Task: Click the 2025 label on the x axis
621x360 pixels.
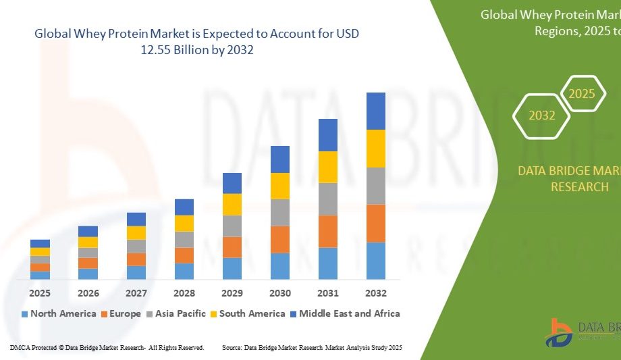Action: click(40, 293)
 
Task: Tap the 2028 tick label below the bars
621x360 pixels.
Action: click(184, 293)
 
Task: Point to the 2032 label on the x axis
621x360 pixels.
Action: click(376, 293)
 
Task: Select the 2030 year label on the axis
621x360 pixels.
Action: click(280, 293)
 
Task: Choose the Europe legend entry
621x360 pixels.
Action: click(121, 313)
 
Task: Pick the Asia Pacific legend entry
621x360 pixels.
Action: click(177, 313)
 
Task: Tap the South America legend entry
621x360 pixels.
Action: click(249, 313)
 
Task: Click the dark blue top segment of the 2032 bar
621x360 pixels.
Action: click(376, 111)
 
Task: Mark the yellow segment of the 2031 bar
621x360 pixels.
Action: click(328, 167)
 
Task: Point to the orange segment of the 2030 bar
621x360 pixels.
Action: click(280, 239)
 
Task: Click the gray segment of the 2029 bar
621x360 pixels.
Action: click(232, 226)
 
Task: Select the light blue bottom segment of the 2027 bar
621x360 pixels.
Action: click(136, 272)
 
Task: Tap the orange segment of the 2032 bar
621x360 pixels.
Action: click(376, 223)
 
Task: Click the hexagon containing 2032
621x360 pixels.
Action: click(542, 115)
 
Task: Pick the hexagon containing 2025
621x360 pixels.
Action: click(582, 94)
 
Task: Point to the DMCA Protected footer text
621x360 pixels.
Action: click(107, 347)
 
